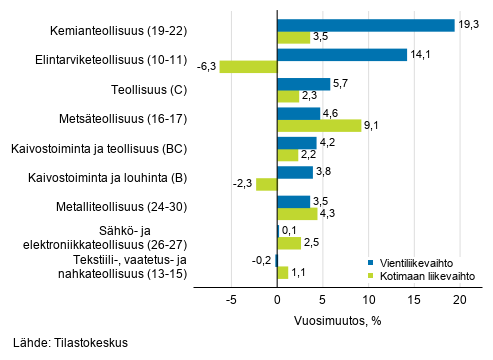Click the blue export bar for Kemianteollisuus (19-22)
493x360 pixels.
click(365, 25)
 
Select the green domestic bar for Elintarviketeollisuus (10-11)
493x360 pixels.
click(248, 67)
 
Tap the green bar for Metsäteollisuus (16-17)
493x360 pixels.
click(318, 126)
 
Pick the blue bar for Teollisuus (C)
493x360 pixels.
click(303, 84)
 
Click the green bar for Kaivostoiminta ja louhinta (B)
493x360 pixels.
click(266, 184)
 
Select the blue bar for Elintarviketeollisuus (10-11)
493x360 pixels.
click(341, 54)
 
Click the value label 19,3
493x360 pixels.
click(469, 25)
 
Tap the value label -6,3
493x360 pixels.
click(207, 67)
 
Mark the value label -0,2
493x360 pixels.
click(261, 260)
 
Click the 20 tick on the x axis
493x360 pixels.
click(460, 299)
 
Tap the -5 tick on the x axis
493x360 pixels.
click(231, 299)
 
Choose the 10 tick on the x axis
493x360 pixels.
click(368, 299)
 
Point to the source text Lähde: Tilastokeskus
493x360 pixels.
click(71, 343)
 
